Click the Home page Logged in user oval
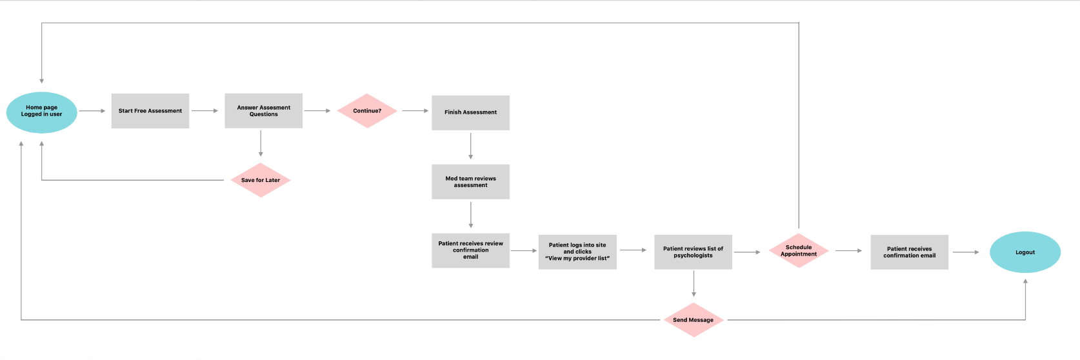click(42, 112)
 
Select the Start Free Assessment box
click(150, 111)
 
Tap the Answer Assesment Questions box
click(264, 111)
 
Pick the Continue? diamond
click(367, 111)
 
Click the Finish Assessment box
click(470, 113)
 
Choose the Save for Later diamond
click(261, 180)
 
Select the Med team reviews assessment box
click(470, 182)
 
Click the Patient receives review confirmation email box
click(470, 250)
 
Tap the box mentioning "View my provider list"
click(577, 252)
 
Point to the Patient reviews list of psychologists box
click(694, 252)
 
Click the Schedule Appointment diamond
click(799, 250)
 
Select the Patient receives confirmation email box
click(909, 252)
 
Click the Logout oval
click(1025, 252)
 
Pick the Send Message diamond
click(694, 320)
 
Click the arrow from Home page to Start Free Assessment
click(92, 111)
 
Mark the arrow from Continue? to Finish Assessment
click(415, 111)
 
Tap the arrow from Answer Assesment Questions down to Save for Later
click(261, 144)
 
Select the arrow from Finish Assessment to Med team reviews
click(470, 146)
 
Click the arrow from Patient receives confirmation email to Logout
click(966, 252)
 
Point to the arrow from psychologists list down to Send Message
click(694, 284)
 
